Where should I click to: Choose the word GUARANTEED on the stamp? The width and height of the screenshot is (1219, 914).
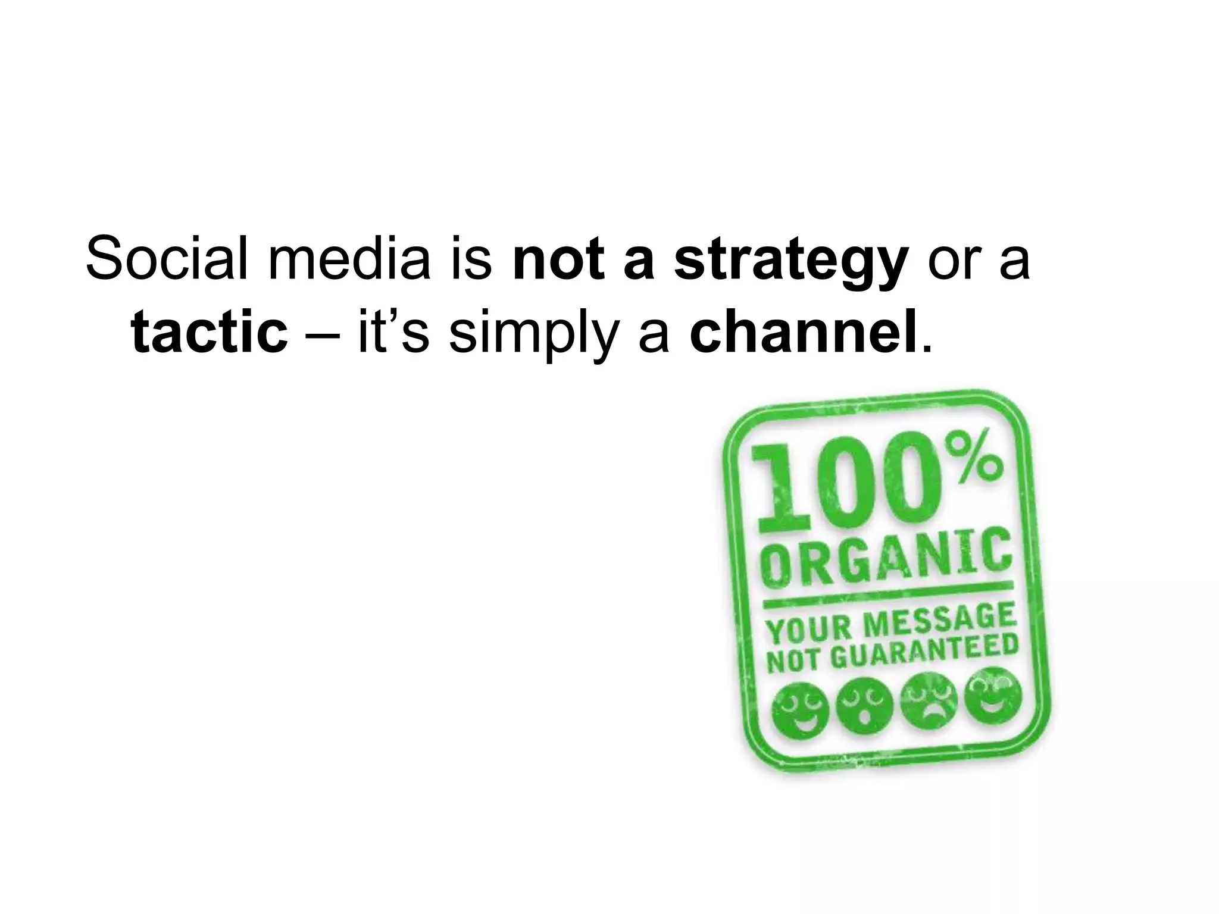[x=923, y=652]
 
